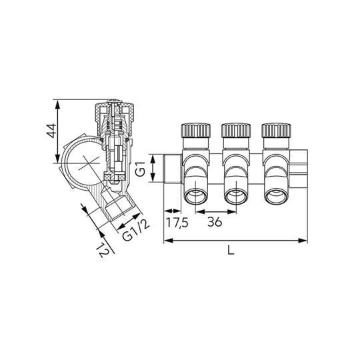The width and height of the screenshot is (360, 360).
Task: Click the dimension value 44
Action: (51, 131)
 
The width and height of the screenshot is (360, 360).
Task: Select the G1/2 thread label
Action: (135, 229)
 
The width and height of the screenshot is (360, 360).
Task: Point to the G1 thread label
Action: (140, 169)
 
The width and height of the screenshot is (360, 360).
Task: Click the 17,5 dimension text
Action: (177, 223)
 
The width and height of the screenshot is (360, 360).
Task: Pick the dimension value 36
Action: (215, 222)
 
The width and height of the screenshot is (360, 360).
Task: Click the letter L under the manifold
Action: (231, 250)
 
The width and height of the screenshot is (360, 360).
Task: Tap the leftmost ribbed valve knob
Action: (196, 131)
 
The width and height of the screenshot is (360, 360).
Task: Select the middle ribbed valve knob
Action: (236, 131)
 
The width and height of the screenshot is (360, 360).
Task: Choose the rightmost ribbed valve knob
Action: (276, 131)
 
